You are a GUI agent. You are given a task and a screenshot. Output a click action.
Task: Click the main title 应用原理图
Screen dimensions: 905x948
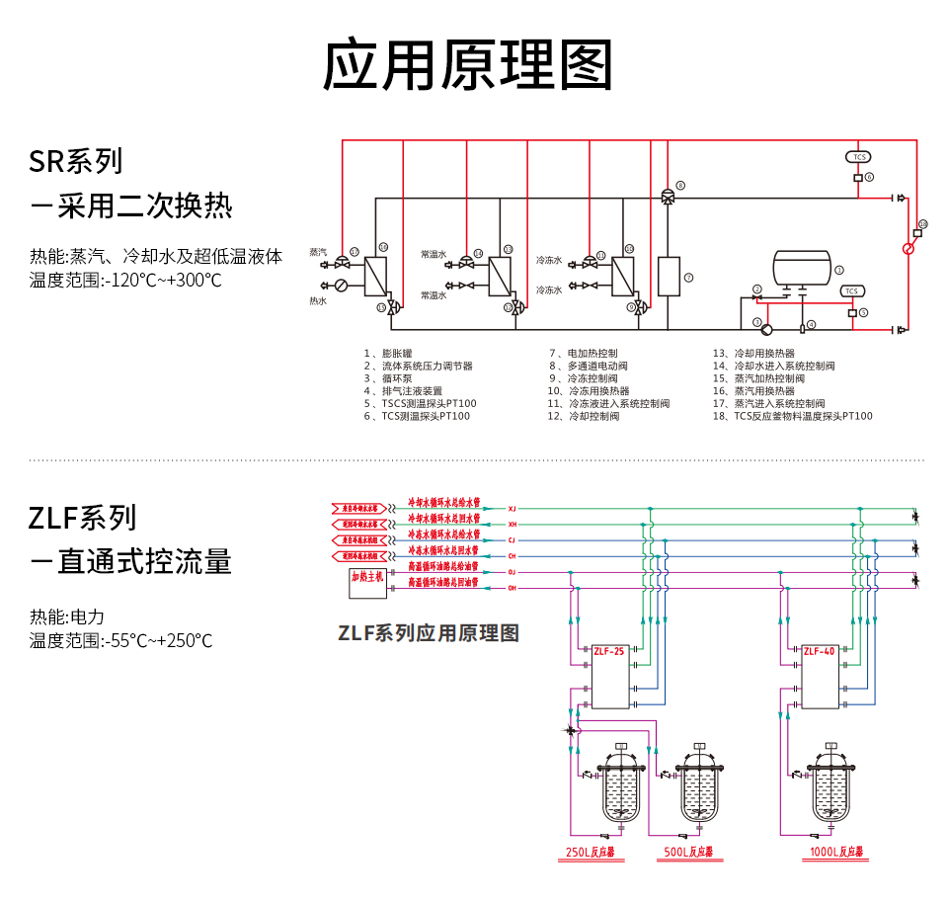(469, 64)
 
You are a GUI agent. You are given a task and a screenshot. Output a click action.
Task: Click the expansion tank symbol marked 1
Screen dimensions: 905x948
(802, 268)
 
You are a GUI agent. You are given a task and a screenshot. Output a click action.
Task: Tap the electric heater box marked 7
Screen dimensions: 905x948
(669, 277)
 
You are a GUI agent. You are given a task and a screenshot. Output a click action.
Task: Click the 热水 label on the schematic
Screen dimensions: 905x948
(318, 300)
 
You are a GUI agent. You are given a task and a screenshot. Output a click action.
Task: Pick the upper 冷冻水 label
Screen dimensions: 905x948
(549, 261)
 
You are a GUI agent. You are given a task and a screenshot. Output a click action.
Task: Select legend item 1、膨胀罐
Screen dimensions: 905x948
(388, 353)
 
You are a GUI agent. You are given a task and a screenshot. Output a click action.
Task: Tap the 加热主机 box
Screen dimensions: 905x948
(366, 581)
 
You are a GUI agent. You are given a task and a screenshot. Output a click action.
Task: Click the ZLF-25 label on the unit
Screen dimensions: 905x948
(609, 651)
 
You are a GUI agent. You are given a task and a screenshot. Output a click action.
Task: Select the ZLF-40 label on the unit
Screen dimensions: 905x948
(819, 651)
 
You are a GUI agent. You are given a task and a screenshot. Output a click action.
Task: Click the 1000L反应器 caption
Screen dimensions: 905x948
(835, 852)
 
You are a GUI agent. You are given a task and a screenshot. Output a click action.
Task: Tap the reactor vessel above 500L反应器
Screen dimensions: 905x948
(700, 790)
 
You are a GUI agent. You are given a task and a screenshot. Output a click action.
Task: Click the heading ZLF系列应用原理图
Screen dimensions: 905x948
(428, 633)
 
